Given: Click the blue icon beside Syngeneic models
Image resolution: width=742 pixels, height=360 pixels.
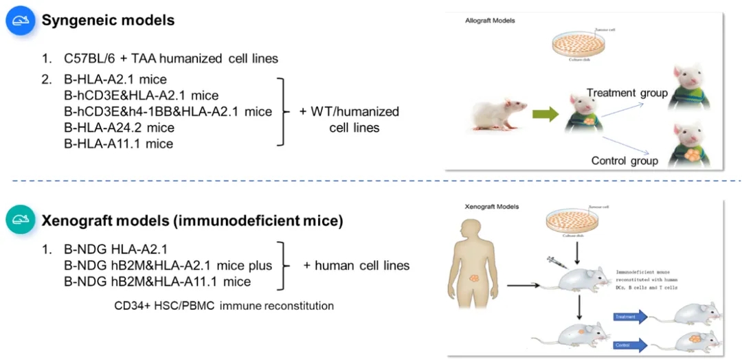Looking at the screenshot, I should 20,21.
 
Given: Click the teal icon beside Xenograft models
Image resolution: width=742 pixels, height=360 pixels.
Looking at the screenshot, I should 20,221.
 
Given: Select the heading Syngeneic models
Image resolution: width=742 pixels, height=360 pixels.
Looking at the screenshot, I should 108,21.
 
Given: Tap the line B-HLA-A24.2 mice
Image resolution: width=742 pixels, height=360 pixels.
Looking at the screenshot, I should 119,128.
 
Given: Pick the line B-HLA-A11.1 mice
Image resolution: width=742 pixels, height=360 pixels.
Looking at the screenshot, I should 118,144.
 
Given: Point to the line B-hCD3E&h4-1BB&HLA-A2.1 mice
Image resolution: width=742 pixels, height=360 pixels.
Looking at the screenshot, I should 168,111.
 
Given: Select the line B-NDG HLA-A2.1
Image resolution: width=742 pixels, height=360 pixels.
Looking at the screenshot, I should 115,249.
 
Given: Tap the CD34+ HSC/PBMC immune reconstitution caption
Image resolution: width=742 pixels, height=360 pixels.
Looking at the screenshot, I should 224,305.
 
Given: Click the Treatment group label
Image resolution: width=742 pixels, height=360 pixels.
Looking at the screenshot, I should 627,93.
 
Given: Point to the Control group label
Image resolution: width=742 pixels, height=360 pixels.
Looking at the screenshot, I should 625,161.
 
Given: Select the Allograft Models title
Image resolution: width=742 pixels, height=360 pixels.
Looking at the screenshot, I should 490,21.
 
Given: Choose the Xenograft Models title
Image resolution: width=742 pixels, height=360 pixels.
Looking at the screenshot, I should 491,206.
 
